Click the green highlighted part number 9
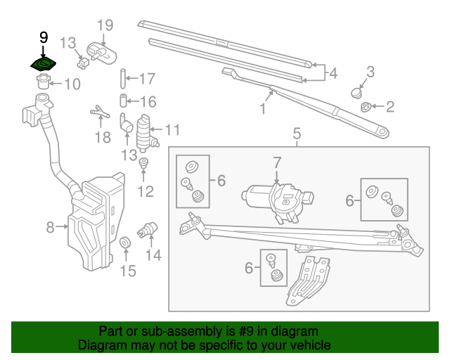tap(44, 64)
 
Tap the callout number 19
tap(104, 26)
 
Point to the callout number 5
tap(296, 133)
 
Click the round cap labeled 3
tap(358, 91)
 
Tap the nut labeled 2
tap(366, 107)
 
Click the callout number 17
tap(146, 79)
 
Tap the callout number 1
tap(263, 109)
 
